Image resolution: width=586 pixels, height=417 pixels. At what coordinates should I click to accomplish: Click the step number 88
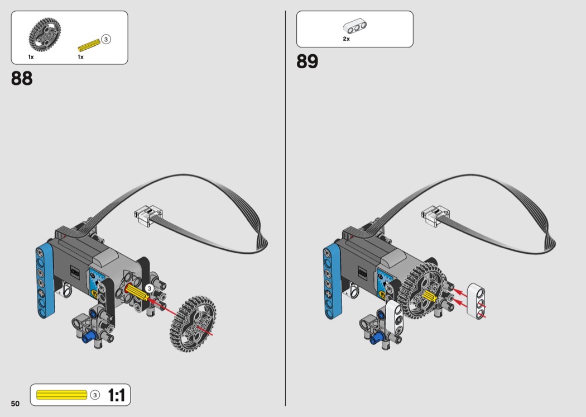tap(22, 78)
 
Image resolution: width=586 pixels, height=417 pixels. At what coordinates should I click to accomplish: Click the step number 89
tap(307, 61)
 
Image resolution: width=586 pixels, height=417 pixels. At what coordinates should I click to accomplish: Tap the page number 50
tap(15, 403)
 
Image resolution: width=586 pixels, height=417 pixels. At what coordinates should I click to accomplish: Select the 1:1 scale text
tap(116, 395)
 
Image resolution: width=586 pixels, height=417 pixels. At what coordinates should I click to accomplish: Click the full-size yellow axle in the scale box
tap(61, 395)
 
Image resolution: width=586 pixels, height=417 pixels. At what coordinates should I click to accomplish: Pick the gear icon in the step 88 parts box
tap(45, 34)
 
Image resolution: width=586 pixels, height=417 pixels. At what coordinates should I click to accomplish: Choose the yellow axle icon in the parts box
tap(89, 45)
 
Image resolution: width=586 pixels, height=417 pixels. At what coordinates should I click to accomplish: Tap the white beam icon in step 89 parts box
tap(354, 27)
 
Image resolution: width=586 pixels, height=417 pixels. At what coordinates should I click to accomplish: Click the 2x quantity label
tap(347, 39)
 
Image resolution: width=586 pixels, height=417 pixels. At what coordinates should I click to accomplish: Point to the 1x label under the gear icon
tap(31, 57)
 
